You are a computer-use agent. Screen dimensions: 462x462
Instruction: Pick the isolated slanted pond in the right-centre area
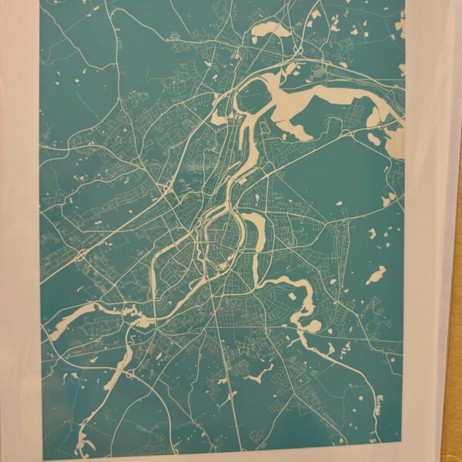click(376, 275)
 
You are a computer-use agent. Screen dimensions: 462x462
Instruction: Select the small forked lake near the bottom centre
click(254, 375)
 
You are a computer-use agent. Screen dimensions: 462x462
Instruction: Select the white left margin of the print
click(19, 231)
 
